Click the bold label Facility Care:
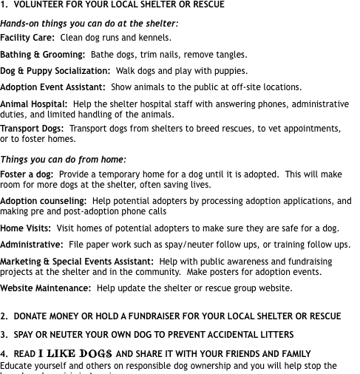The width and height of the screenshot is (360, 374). pos(27,38)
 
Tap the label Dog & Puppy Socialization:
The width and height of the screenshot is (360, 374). pos(55,71)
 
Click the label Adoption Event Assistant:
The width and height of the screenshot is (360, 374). pos(53,87)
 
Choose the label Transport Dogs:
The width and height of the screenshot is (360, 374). pos(32,128)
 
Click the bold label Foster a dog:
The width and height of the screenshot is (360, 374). pos(27,174)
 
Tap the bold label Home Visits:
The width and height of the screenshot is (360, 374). pos(26,228)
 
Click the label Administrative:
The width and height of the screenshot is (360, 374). pos(32,245)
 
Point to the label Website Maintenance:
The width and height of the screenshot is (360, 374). pos(46,288)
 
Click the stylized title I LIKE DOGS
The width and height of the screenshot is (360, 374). pos(75,353)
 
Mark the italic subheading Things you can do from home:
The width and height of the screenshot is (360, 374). pos(64,160)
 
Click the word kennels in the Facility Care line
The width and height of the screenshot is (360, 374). pos(153,38)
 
